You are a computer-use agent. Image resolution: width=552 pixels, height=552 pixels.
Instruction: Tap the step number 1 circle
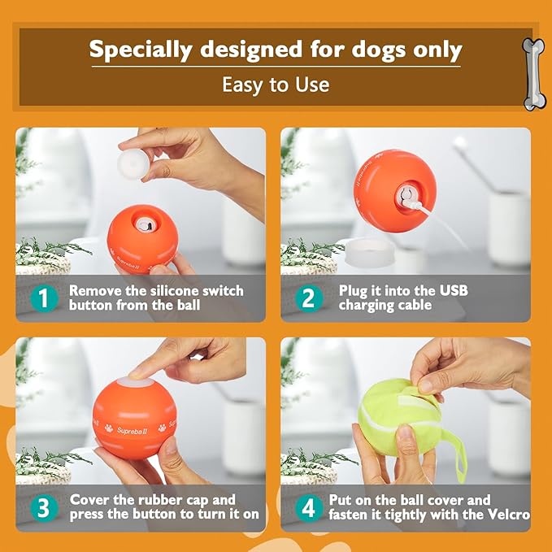click(44, 298)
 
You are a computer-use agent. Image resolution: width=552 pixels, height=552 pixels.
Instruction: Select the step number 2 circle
click(307, 298)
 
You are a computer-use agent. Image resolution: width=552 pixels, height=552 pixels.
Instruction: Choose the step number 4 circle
click(307, 508)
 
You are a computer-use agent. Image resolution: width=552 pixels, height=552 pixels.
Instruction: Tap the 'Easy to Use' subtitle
click(276, 85)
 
